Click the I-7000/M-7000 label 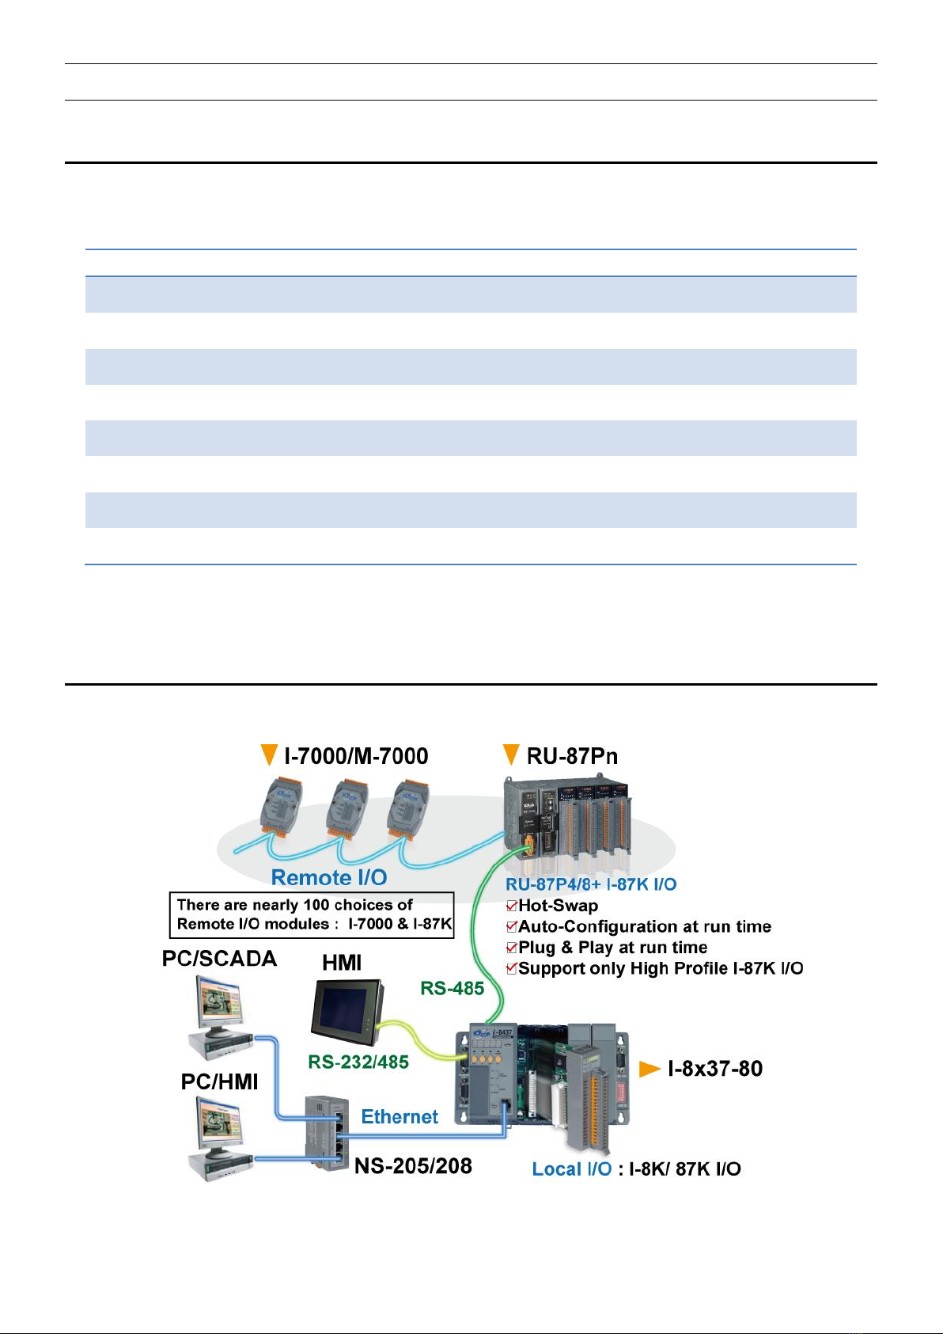coord(356,756)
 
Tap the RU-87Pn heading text coord(572,756)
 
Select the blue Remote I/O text coord(329,877)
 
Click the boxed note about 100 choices coord(312,914)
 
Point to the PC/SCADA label coord(220,958)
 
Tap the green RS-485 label coord(453,989)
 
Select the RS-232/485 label coord(358,1062)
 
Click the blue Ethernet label coord(400,1116)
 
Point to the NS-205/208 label coord(413,1165)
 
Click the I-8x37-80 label coord(715,1069)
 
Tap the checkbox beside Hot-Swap coord(512,906)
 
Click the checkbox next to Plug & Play coord(512,948)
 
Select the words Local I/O coord(572,1169)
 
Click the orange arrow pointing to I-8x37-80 coord(649,1069)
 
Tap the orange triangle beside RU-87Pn coord(511,754)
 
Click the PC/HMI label coord(220,1081)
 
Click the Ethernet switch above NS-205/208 coord(326,1133)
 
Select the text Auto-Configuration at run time coord(645,926)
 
